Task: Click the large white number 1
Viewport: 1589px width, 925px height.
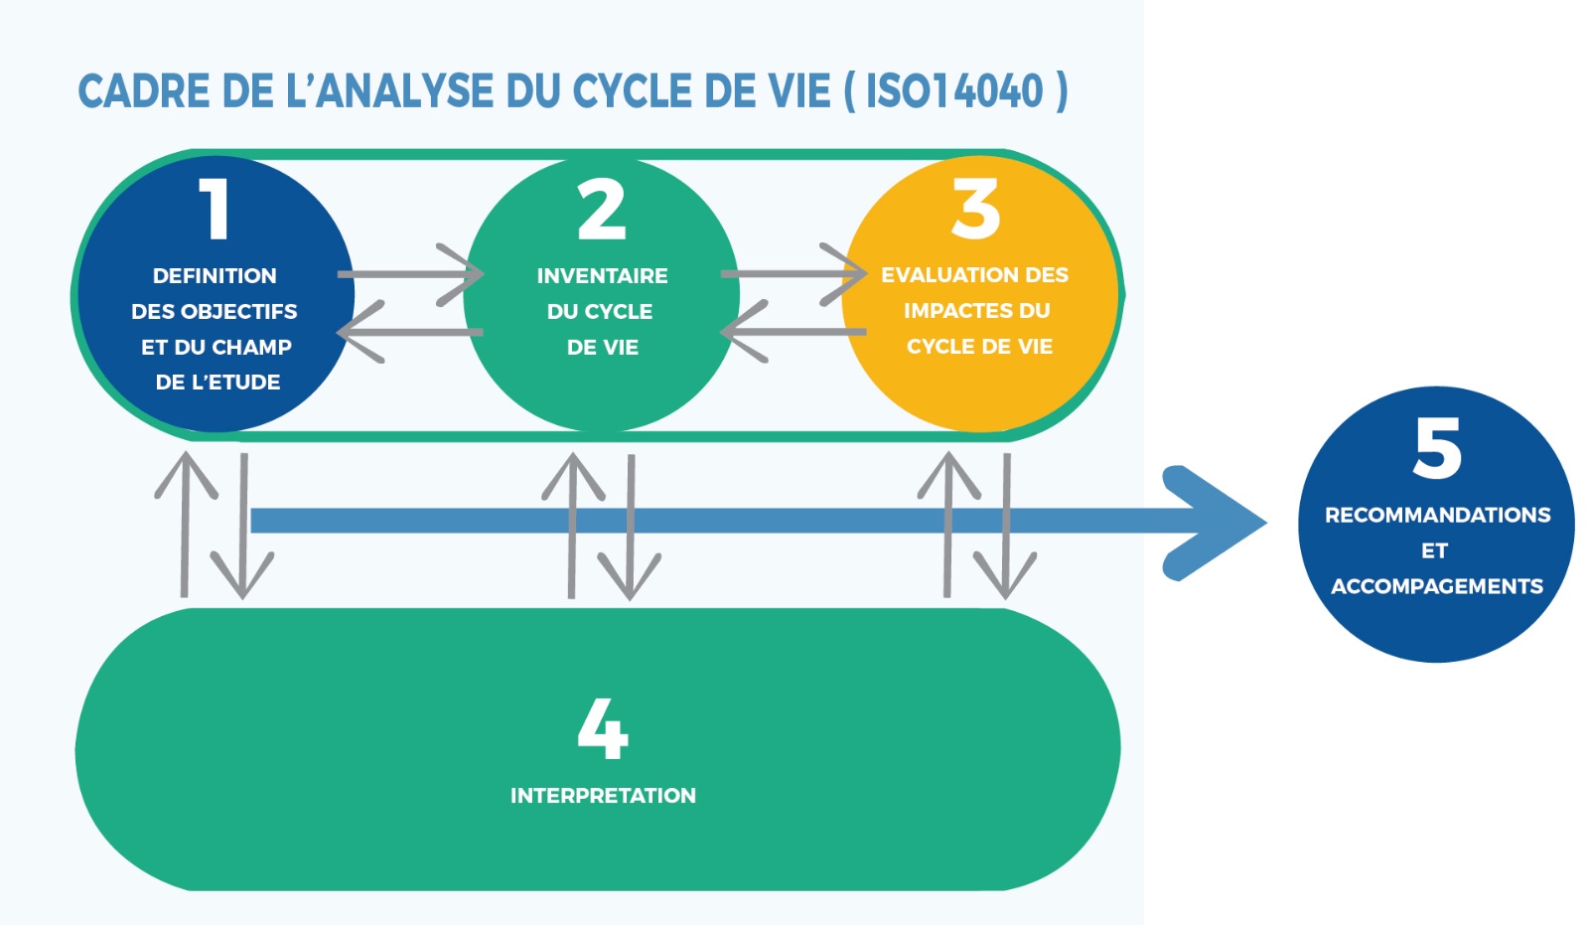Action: point(216,209)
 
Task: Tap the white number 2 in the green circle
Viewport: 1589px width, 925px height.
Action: point(602,210)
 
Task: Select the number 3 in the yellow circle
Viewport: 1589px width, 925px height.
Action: point(976,209)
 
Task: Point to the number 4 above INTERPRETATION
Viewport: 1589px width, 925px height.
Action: point(603,728)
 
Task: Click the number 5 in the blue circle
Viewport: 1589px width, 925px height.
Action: point(1437,448)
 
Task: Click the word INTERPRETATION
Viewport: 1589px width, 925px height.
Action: point(603,795)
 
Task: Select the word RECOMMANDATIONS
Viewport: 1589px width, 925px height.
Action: point(1437,515)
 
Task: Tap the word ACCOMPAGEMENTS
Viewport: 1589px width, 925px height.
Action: point(1437,586)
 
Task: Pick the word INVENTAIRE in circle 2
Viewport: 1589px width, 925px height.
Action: point(602,275)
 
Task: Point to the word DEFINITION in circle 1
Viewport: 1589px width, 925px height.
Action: point(215,275)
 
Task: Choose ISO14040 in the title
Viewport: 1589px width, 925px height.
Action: point(954,91)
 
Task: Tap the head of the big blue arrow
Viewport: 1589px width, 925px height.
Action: point(1217,522)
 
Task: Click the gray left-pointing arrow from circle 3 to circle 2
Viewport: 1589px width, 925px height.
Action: point(793,331)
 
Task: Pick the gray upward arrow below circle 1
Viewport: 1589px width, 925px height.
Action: point(185,524)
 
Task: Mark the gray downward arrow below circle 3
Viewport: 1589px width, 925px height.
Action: point(1006,527)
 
